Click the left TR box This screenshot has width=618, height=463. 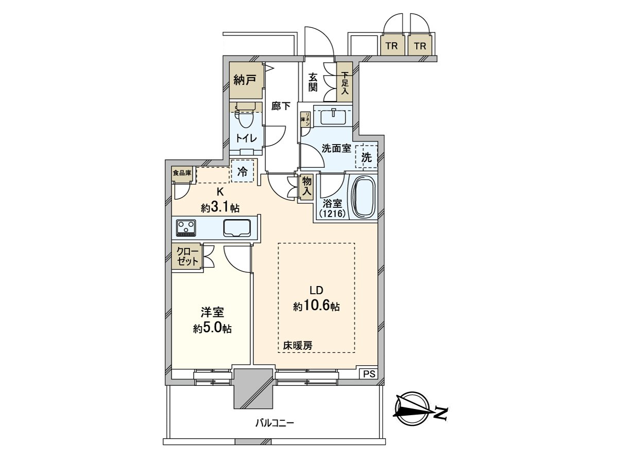pyautogui.click(x=392, y=46)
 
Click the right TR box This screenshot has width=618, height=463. pyautogui.click(x=420, y=46)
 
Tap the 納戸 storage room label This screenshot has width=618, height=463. pyautogui.click(x=245, y=80)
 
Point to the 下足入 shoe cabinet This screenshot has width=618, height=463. pyautogui.click(x=344, y=81)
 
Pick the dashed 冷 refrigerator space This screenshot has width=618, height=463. pyautogui.click(x=243, y=172)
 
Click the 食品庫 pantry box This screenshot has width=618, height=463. pyautogui.click(x=182, y=173)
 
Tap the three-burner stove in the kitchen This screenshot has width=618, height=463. pyautogui.click(x=186, y=227)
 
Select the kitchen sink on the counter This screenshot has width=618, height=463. pyautogui.click(x=237, y=227)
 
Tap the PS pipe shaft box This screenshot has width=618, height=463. pyautogui.click(x=369, y=374)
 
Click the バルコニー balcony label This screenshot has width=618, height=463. pyautogui.click(x=274, y=423)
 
